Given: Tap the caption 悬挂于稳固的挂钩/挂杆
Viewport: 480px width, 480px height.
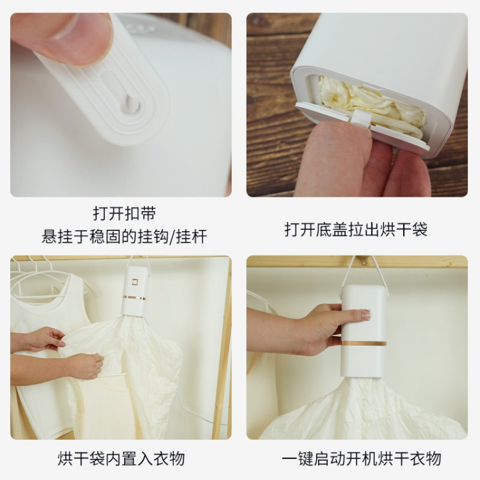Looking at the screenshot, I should coord(124,236).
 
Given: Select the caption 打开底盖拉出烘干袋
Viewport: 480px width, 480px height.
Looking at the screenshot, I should coord(356,230).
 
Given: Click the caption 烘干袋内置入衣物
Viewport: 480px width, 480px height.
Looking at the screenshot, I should coord(121,459).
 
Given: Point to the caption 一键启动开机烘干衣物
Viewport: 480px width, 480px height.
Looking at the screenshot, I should coord(361,459).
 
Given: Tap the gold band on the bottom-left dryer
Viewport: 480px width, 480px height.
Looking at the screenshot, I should coord(134,297).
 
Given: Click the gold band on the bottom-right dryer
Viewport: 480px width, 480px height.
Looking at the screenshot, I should coord(364,343).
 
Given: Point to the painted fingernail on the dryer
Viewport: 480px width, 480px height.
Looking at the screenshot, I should coord(365,314).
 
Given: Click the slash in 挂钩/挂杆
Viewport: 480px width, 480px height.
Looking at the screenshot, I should coord(173,236).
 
